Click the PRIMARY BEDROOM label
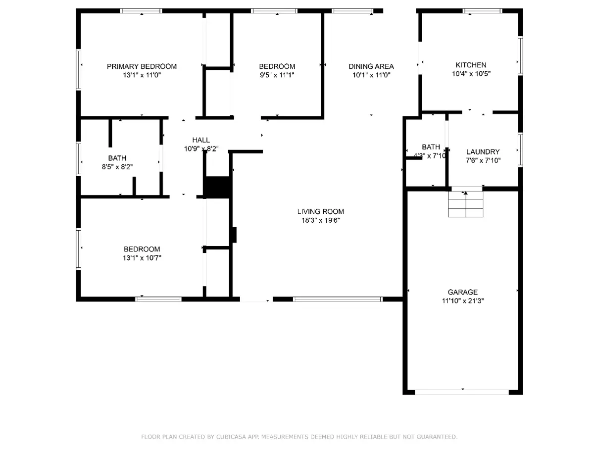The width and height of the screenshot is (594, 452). pos(142,66)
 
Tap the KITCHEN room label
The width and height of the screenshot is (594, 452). pos(471,65)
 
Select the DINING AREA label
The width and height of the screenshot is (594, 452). pos(371,66)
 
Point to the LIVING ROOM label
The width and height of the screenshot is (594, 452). pos(320,211)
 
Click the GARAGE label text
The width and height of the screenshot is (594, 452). pos(462,292)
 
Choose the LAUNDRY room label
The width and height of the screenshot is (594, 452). pos(483,151)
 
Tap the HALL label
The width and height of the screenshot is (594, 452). pos(201,140)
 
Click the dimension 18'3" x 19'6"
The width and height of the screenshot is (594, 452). pos(320,220)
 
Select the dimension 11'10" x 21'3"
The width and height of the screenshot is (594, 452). pos(463,301)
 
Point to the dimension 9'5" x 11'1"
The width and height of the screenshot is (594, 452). pos(277,75)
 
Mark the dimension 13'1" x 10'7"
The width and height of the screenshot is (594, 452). pos(142,257)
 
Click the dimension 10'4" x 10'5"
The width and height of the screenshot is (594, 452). pos(471,74)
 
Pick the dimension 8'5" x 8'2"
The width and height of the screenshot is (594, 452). pos(117,167)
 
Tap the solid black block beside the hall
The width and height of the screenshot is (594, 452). pos(217,187)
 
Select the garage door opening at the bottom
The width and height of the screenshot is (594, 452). pos(462,392)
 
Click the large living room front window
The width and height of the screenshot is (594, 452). pos(338,299)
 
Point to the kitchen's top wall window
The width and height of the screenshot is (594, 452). pos(482,11)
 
